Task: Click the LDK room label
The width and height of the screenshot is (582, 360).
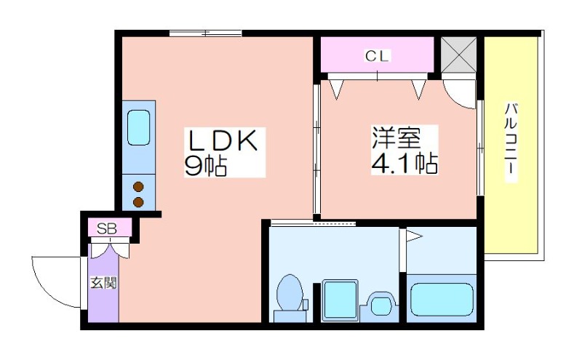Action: tap(223, 140)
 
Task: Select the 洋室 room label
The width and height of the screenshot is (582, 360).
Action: tap(396, 137)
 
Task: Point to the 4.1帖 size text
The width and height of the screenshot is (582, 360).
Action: tap(404, 162)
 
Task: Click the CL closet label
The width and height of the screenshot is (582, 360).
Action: tap(377, 56)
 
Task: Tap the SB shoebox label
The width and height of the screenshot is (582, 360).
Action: tap(107, 228)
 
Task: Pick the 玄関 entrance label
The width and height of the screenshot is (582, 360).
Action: tap(104, 283)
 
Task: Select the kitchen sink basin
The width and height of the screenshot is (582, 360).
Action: tap(138, 128)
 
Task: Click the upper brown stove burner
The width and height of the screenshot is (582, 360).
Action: tap(138, 187)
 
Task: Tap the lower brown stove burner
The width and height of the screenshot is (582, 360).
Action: tap(138, 202)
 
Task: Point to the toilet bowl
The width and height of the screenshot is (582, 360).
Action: tap(290, 292)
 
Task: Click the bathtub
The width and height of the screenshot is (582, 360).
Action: tap(442, 299)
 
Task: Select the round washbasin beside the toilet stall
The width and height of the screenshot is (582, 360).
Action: tap(381, 306)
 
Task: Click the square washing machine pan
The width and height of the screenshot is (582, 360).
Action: tap(340, 300)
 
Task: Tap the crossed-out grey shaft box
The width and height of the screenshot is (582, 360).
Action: tap(459, 55)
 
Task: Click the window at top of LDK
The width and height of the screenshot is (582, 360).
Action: tap(206, 33)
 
